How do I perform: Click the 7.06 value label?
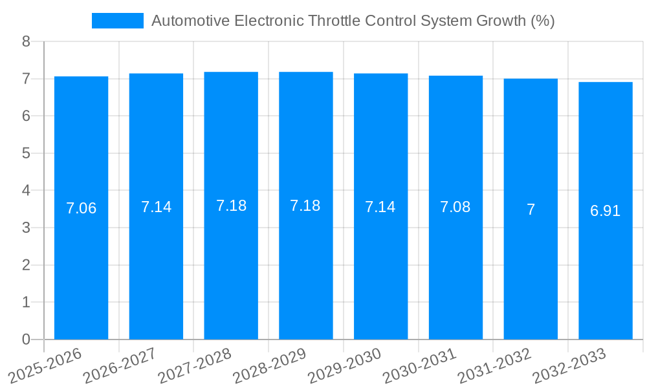81,208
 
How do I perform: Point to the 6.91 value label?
605,211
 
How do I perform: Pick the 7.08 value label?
455,207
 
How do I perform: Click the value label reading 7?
531,210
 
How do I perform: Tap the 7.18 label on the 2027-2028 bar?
231,206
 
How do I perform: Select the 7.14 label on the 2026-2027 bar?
156,207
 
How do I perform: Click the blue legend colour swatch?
117,21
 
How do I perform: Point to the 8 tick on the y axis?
26,41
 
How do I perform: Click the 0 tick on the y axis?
26,339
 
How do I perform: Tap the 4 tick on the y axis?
26,191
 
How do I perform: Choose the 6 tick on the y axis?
26,116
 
